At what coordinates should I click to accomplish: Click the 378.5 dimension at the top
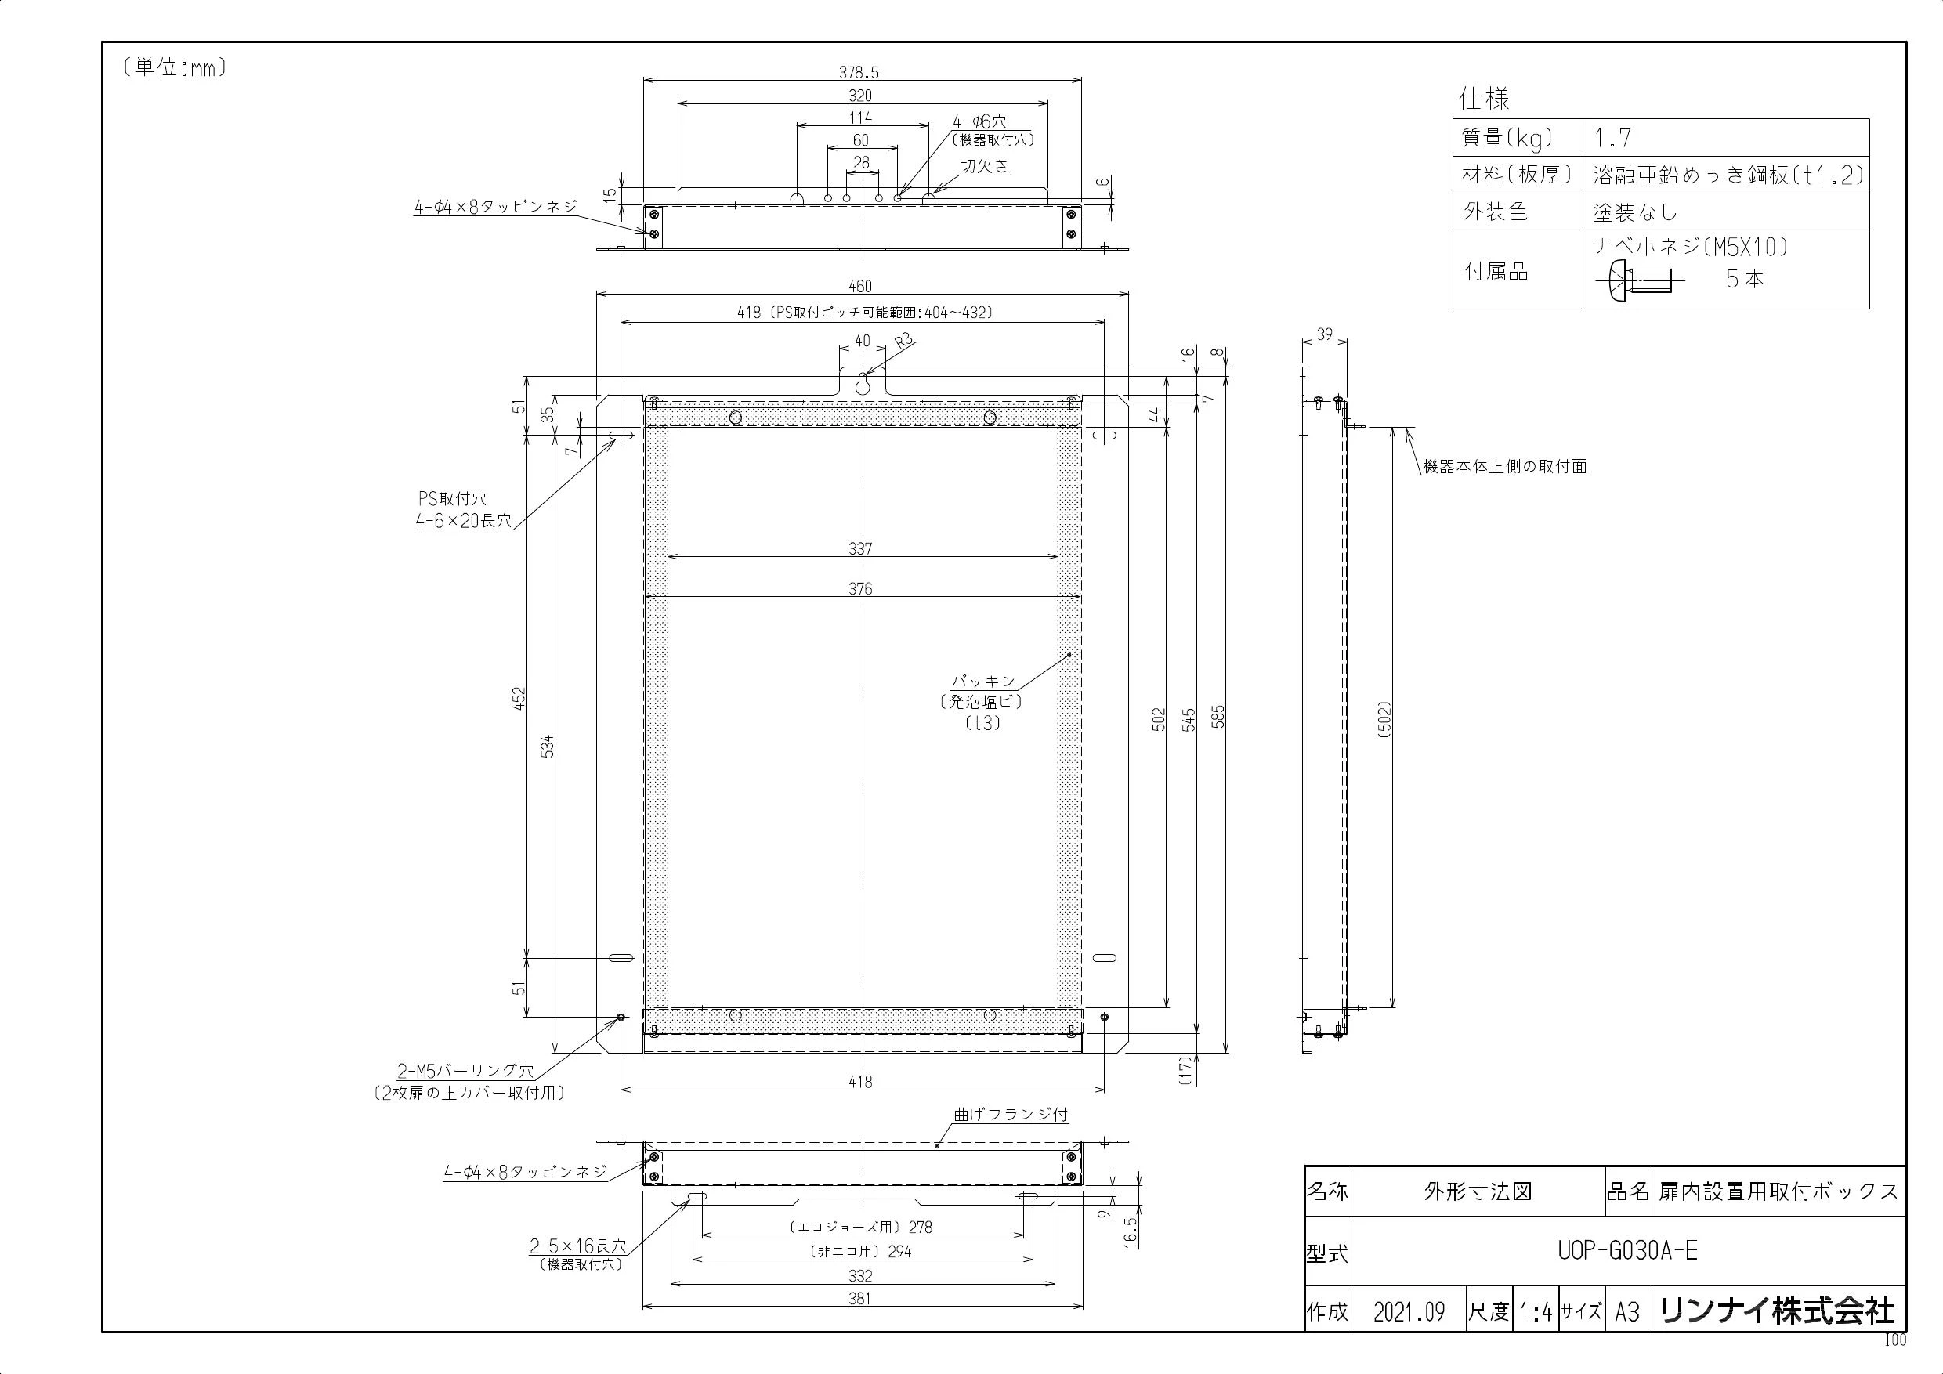click(x=859, y=73)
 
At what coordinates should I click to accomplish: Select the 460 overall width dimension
click(x=859, y=287)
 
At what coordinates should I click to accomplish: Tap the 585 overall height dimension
click(x=1218, y=717)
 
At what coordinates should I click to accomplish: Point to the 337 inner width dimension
click(x=861, y=548)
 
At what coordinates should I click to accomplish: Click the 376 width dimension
click(x=861, y=589)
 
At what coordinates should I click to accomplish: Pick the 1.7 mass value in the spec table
click(x=1613, y=138)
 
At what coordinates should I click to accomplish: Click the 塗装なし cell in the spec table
click(x=1635, y=212)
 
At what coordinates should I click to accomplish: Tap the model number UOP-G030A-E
click(x=1627, y=1250)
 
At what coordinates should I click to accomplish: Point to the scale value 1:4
click(x=1535, y=1312)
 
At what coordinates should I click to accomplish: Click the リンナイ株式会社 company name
click(x=1777, y=1311)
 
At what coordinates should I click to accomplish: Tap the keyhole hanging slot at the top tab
click(x=862, y=385)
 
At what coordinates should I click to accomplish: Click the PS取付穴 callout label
click(x=452, y=500)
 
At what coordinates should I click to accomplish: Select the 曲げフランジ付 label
click(x=1011, y=1115)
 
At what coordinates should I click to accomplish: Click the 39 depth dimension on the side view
click(x=1324, y=334)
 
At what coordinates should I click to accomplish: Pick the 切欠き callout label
click(x=985, y=167)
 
